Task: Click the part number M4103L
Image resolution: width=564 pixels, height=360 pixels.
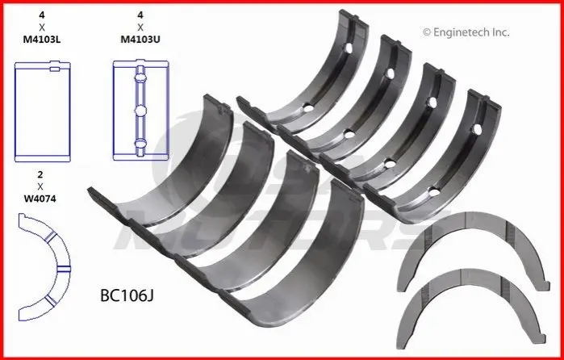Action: tap(42, 40)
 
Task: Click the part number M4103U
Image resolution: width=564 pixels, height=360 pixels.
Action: tap(140, 40)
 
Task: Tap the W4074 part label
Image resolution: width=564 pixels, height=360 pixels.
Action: tap(40, 199)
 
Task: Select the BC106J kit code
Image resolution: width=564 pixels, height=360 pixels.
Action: tap(127, 295)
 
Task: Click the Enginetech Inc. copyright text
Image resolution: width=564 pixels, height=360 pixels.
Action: tap(466, 32)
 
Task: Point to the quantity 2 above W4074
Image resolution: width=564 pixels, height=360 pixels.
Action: tap(40, 174)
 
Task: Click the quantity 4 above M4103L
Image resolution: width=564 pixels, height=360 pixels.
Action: tap(42, 15)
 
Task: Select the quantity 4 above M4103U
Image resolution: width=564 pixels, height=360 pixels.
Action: tap(140, 15)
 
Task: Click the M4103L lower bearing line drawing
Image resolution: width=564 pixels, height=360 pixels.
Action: tap(43, 111)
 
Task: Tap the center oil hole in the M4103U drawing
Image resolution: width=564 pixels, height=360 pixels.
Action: tap(140, 111)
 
